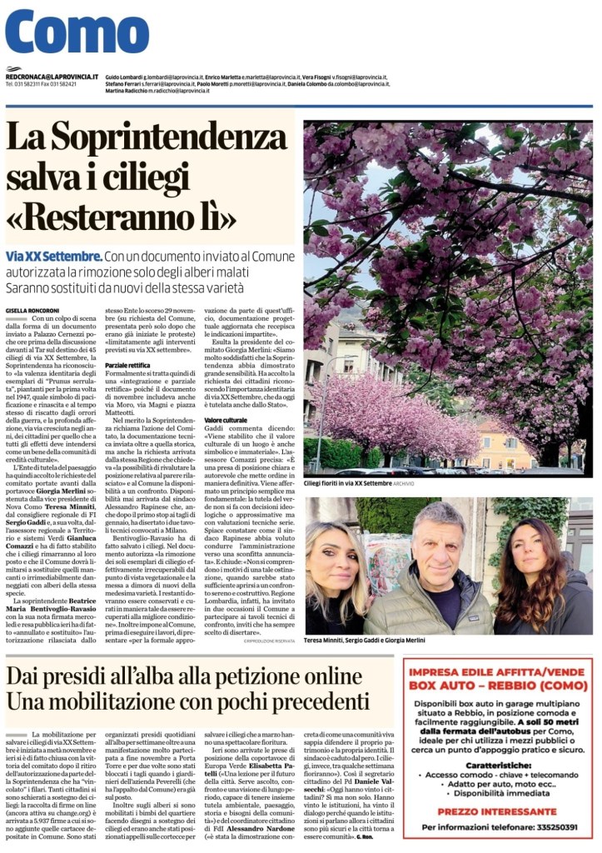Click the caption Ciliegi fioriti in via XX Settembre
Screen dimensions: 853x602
358,482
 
